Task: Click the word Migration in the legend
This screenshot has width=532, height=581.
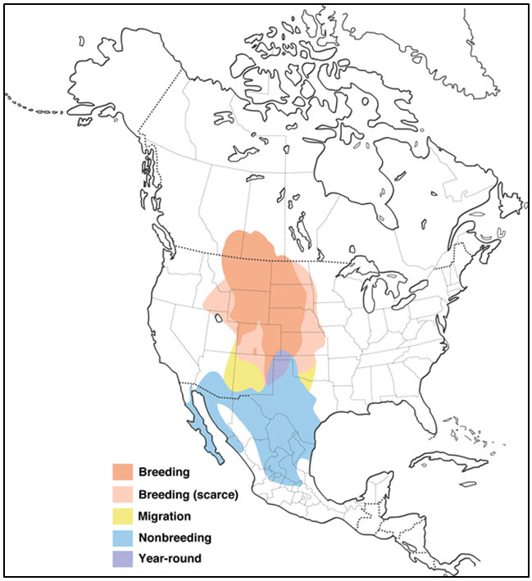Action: click(165, 516)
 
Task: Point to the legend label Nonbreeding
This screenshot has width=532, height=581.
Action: click(175, 538)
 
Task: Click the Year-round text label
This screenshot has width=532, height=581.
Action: click(171, 560)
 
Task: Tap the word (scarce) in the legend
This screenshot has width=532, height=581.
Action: click(212, 494)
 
